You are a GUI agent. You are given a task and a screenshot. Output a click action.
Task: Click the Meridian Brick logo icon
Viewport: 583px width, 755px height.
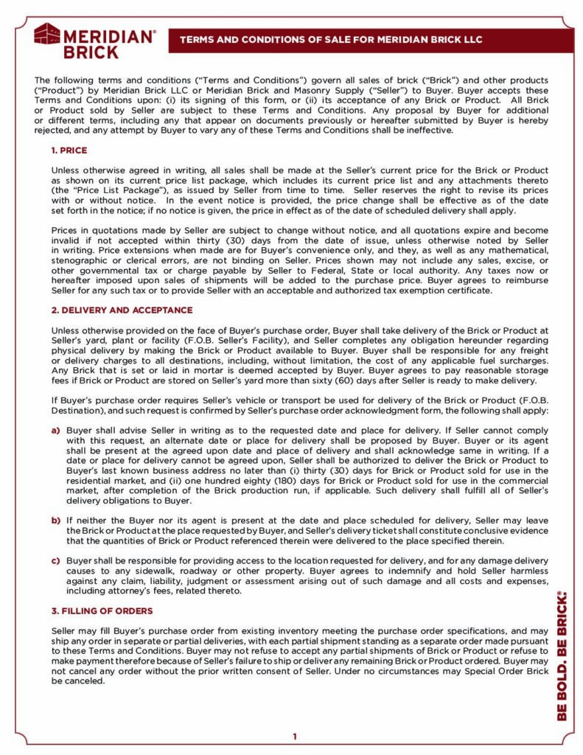47,35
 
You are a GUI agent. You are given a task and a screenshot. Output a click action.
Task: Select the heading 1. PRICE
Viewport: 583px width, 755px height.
69,150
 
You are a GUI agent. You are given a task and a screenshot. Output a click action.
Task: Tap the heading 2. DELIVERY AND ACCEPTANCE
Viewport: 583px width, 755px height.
122,310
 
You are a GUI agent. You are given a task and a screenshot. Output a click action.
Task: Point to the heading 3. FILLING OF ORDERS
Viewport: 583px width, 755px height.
102,610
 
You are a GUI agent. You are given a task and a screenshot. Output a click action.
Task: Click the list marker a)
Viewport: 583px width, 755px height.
56,429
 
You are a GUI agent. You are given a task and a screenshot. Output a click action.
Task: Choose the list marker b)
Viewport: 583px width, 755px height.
56,521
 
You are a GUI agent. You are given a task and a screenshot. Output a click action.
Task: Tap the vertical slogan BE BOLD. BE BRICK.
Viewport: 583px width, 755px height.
562,655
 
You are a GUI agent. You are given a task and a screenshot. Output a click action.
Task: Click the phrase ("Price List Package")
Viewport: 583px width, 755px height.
103,189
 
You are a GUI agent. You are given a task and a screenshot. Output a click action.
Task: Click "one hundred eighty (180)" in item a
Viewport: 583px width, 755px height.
231,480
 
